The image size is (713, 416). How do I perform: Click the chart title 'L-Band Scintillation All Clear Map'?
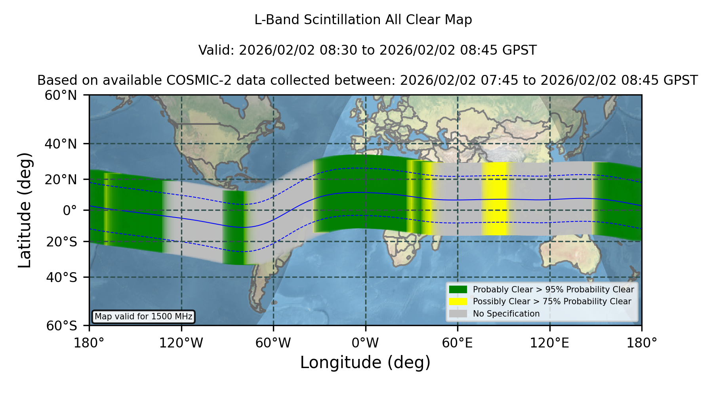tap(363, 20)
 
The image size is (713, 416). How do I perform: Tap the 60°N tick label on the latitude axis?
tap(61, 95)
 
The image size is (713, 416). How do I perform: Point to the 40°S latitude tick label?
tap(61, 277)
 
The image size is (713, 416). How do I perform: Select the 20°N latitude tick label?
tap(61, 180)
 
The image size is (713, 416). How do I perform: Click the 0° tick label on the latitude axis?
tap(70, 210)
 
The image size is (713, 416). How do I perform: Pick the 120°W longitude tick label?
tap(181, 343)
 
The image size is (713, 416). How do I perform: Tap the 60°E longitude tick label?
tap(458, 343)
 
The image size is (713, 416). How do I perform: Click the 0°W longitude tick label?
tap(366, 343)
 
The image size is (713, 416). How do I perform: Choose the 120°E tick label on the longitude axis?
tap(550, 343)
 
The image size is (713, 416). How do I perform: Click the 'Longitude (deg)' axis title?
tap(365, 363)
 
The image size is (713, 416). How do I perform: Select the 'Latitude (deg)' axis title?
tap(25, 210)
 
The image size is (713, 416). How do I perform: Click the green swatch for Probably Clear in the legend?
tap(458, 289)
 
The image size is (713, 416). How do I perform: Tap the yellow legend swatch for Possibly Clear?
tap(458, 301)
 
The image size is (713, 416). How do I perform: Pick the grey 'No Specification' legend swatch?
tap(458, 313)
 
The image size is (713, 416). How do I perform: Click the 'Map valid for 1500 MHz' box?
tap(143, 317)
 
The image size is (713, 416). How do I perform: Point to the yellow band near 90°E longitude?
tap(495, 198)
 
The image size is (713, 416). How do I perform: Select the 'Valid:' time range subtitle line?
tap(368, 50)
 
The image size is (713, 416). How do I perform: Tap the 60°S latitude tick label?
tap(61, 326)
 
